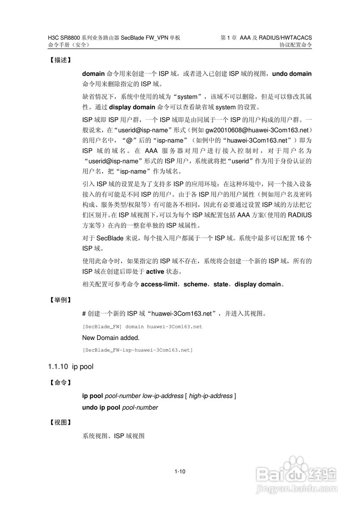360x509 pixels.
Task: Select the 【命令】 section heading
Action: [60, 383]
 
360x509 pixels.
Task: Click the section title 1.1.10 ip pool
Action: [70, 366]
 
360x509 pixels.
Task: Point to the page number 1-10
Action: [180, 472]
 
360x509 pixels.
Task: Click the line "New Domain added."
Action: [111, 338]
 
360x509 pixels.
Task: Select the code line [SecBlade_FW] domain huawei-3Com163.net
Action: [142, 326]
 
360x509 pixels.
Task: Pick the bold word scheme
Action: [196, 284]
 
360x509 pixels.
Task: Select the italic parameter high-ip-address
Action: [210, 396]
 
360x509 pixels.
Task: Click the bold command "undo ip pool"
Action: [101, 407]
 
